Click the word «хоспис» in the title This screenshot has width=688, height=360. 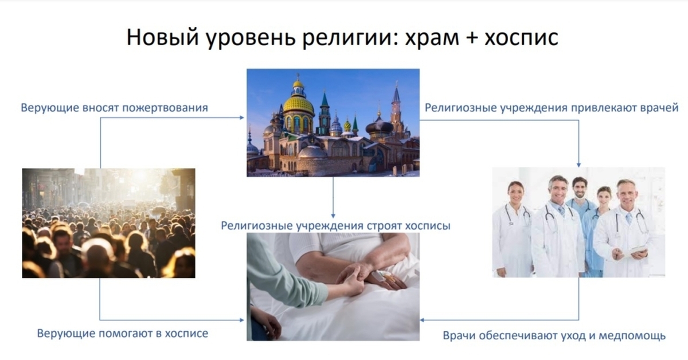tap(521, 37)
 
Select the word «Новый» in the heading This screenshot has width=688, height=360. tap(162, 37)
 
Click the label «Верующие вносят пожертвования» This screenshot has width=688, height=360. tap(115, 108)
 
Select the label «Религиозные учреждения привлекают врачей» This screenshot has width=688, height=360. tap(552, 108)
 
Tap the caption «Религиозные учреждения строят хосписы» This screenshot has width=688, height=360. tap(335, 226)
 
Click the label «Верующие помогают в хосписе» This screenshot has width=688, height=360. tap(123, 333)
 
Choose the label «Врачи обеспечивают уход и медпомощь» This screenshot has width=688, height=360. tap(554, 335)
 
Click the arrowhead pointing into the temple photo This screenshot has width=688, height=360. tap(242, 118)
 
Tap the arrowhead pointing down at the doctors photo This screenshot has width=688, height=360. tap(578, 165)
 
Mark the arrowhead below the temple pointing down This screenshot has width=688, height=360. tap(333, 216)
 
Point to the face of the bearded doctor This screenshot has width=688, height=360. tap(580, 187)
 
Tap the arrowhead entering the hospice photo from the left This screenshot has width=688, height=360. tap(242, 320)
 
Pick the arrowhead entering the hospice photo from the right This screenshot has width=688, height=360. tap(423, 320)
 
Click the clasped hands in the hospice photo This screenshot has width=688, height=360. tap(353, 276)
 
